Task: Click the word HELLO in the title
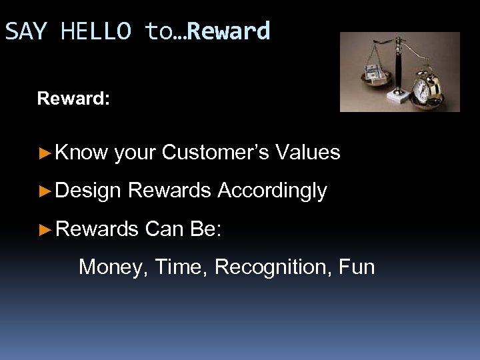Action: tap(96, 31)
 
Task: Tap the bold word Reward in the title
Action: tap(230, 31)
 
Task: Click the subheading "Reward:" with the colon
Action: tap(73, 99)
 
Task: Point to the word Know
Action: tap(81, 153)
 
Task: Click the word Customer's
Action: tap(215, 153)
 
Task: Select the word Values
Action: tap(307, 153)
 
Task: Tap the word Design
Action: tap(88, 191)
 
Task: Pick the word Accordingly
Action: tap(272, 191)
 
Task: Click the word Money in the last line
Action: tap(113, 267)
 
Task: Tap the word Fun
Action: tap(357, 267)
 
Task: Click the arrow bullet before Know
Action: tap(45, 153)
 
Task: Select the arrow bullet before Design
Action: tap(45, 191)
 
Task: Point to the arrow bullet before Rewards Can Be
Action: tap(45, 230)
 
